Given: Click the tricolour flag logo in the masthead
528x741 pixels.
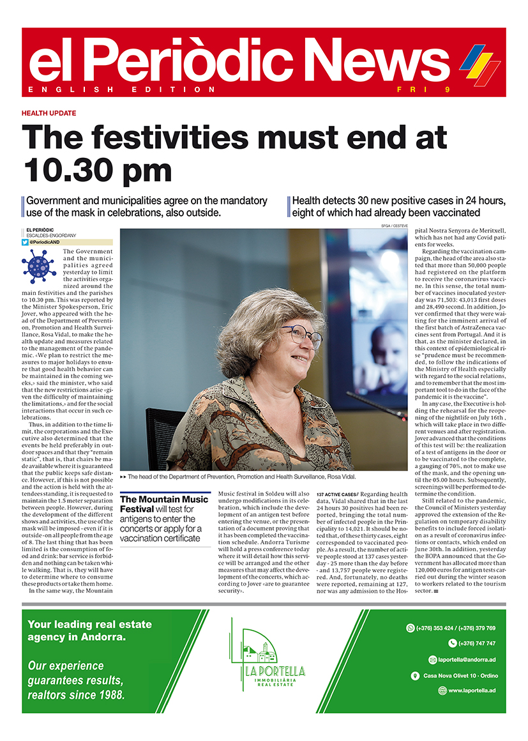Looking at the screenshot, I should [480, 64].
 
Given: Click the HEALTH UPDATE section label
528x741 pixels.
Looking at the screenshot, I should [49, 113].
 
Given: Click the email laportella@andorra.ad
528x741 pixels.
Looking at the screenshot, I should [464, 659].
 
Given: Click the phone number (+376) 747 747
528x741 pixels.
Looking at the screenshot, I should [476, 643].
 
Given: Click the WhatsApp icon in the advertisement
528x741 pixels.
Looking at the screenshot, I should [411, 628].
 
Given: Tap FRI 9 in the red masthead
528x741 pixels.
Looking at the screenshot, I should [432, 89].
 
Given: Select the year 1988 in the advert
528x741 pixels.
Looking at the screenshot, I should [109, 694].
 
